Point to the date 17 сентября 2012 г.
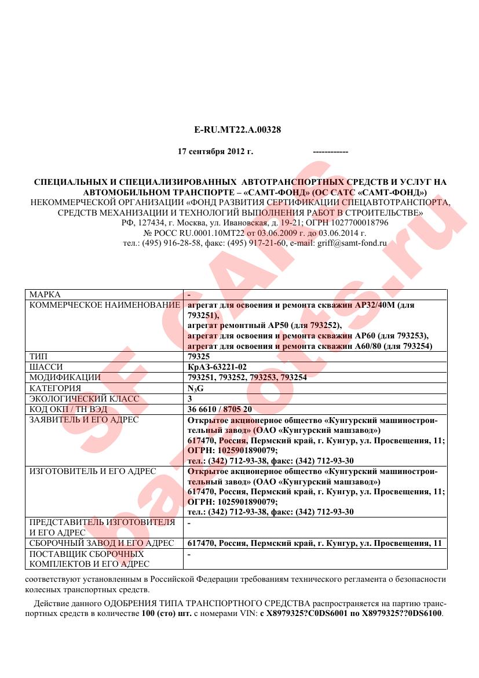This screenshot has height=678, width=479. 215,152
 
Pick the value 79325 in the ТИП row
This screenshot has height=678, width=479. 199,357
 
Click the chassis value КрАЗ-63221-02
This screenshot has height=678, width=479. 214,367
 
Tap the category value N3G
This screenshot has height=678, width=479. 196,388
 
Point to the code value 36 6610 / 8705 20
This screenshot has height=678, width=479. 220,409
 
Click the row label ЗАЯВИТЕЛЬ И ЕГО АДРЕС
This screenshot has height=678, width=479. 84,420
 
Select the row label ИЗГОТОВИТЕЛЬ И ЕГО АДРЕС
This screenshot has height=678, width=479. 93,471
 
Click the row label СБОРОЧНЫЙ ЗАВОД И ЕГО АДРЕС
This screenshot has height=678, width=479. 101,544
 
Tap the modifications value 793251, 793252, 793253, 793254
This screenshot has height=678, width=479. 247,378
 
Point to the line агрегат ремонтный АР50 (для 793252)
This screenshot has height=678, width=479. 265,326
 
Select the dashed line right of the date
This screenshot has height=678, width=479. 330,152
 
